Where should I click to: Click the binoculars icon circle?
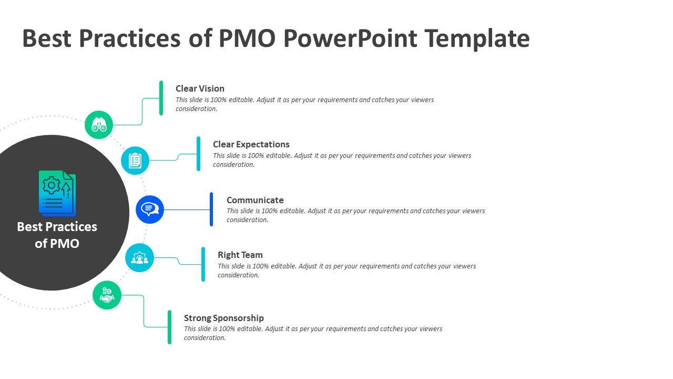click(99, 125)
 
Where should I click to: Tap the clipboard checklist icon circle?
click(135, 161)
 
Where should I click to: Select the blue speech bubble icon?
click(150, 210)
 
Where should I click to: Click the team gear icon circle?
click(139, 258)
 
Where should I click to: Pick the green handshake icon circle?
click(107, 295)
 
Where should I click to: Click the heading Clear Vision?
click(200, 88)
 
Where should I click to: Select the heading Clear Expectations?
click(251, 144)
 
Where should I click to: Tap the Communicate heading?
click(255, 200)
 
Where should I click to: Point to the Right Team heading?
click(240, 255)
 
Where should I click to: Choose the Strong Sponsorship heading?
click(223, 318)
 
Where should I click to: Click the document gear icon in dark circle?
click(57, 193)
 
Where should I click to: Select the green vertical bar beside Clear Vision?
click(161, 98)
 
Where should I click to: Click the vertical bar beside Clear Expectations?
click(198, 154)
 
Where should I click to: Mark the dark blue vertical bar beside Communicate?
click(211, 210)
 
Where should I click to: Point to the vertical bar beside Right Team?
click(203, 264)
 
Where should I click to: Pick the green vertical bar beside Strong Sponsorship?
click(169, 327)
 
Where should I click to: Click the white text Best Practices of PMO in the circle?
click(57, 235)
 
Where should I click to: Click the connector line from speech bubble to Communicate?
click(187, 210)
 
